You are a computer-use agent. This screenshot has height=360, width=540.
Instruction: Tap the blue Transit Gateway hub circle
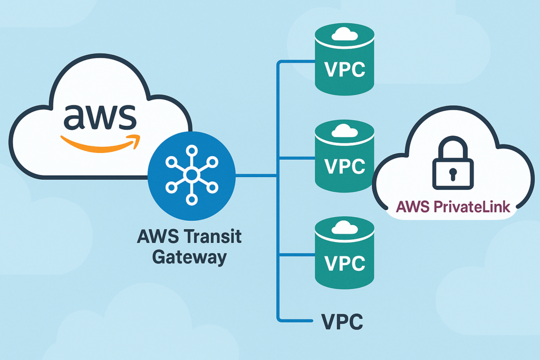[192, 176]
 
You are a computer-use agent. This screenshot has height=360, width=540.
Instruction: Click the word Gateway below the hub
[189, 257]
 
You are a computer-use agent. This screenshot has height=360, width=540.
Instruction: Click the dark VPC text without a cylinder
[342, 320]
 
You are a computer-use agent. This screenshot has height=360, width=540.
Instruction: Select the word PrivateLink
[474, 206]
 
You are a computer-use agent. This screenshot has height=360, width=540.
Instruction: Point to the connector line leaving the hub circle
[256, 176]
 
